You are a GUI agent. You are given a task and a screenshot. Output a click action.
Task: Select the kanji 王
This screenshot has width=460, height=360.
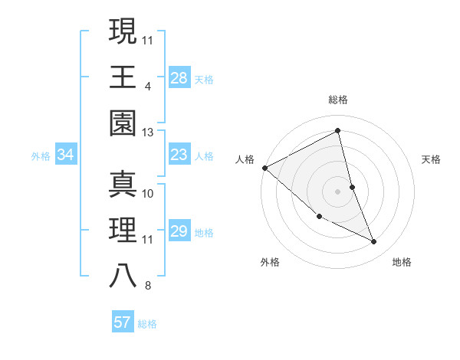click(x=123, y=77)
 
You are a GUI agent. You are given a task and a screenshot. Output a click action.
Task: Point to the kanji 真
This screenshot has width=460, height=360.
click(x=123, y=185)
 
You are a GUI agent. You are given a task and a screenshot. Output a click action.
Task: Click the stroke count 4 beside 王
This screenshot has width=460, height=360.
click(x=147, y=86)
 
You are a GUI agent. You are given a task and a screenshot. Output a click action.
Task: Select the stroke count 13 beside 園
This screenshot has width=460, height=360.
click(x=148, y=133)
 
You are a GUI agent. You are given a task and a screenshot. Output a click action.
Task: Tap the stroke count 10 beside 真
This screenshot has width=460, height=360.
click(x=148, y=193)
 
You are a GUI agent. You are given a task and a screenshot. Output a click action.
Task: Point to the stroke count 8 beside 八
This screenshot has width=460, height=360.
click(x=147, y=286)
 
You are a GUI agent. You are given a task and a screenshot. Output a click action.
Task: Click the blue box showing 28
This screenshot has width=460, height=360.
click(x=179, y=78)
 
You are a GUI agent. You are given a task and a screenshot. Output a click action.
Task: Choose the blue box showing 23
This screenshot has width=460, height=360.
click(x=179, y=155)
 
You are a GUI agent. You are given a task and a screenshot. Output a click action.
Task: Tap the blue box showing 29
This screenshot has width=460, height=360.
click(x=179, y=231)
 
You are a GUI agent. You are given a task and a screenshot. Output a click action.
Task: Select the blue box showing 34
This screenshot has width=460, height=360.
click(x=65, y=155)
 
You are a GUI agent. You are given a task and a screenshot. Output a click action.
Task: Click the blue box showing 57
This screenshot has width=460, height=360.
click(x=122, y=322)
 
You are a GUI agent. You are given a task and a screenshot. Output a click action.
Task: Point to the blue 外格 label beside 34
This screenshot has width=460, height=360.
click(x=41, y=156)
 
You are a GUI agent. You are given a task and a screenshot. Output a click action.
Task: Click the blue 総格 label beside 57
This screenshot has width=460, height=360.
click(x=147, y=323)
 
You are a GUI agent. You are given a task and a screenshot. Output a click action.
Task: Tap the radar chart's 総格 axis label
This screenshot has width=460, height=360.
click(x=337, y=100)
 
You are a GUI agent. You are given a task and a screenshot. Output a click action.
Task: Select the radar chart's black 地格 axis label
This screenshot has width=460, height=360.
click(x=402, y=262)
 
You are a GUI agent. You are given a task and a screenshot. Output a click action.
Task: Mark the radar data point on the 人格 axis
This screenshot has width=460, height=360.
click(x=264, y=168)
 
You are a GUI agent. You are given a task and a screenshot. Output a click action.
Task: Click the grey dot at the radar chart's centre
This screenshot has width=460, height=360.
click(x=337, y=191)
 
